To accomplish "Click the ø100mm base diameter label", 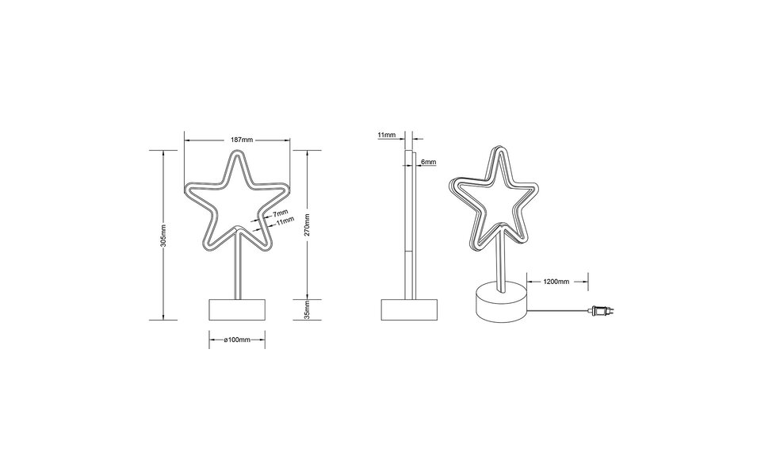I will pyautogui.click(x=237, y=339).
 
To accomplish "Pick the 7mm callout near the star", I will pyautogui.click(x=280, y=214).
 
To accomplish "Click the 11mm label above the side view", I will pyautogui.click(x=386, y=136).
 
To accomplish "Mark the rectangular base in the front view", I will pyautogui.click(x=237, y=310).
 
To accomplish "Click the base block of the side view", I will pyautogui.click(x=409, y=310).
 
